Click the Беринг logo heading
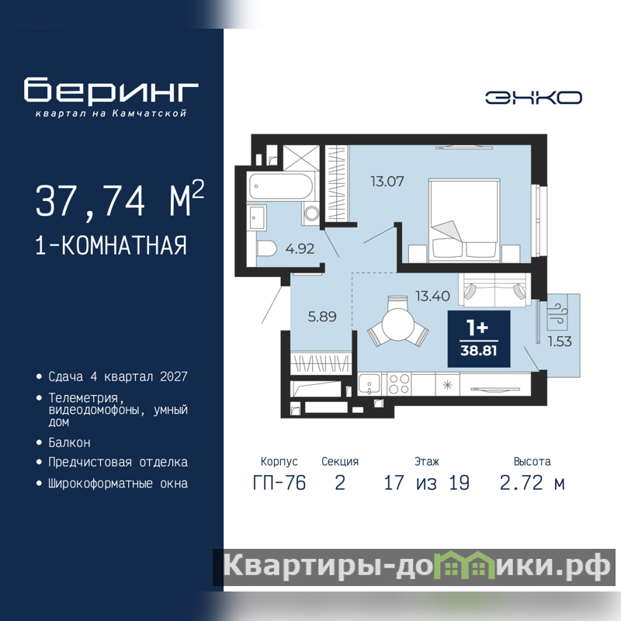pos(111,90)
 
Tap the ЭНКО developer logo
pos(533,98)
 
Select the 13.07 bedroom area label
pos(387,182)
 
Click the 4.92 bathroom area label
pos(300,248)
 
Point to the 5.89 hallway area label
pos(322,317)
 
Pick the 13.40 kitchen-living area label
pos(432,296)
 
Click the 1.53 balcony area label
pos(560,342)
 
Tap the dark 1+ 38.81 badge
pos(479,339)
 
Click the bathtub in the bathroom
pos(280,186)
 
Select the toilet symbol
pos(266,249)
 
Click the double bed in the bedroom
pos(463,220)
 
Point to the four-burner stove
pos(399,383)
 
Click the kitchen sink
pos(369,383)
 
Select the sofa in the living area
pos(494,290)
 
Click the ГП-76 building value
pos(279,483)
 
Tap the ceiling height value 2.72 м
pos(532,483)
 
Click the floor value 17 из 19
pos(426,483)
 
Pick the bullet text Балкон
pos(69,442)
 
